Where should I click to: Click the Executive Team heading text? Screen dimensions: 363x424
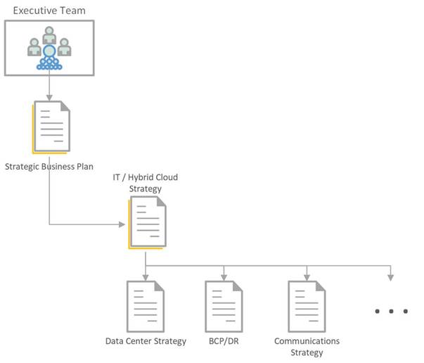(49, 10)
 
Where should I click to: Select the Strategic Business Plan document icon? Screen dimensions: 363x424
(51, 127)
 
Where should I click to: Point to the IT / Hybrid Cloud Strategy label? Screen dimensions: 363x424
(145, 183)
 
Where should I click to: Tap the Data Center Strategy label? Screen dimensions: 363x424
(146, 341)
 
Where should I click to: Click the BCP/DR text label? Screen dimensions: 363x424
(224, 341)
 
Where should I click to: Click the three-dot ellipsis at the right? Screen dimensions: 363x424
(391, 311)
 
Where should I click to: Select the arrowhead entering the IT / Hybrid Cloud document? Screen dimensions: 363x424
(124, 225)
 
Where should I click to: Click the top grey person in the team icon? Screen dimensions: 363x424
(49, 34)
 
